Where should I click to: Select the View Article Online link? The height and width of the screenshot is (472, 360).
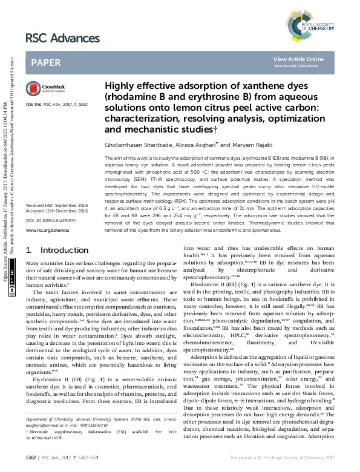click(x=298, y=59)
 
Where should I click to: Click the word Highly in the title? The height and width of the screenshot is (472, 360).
click(x=121, y=87)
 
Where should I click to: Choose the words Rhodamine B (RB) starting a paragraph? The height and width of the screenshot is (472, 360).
click(x=211, y=283)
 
